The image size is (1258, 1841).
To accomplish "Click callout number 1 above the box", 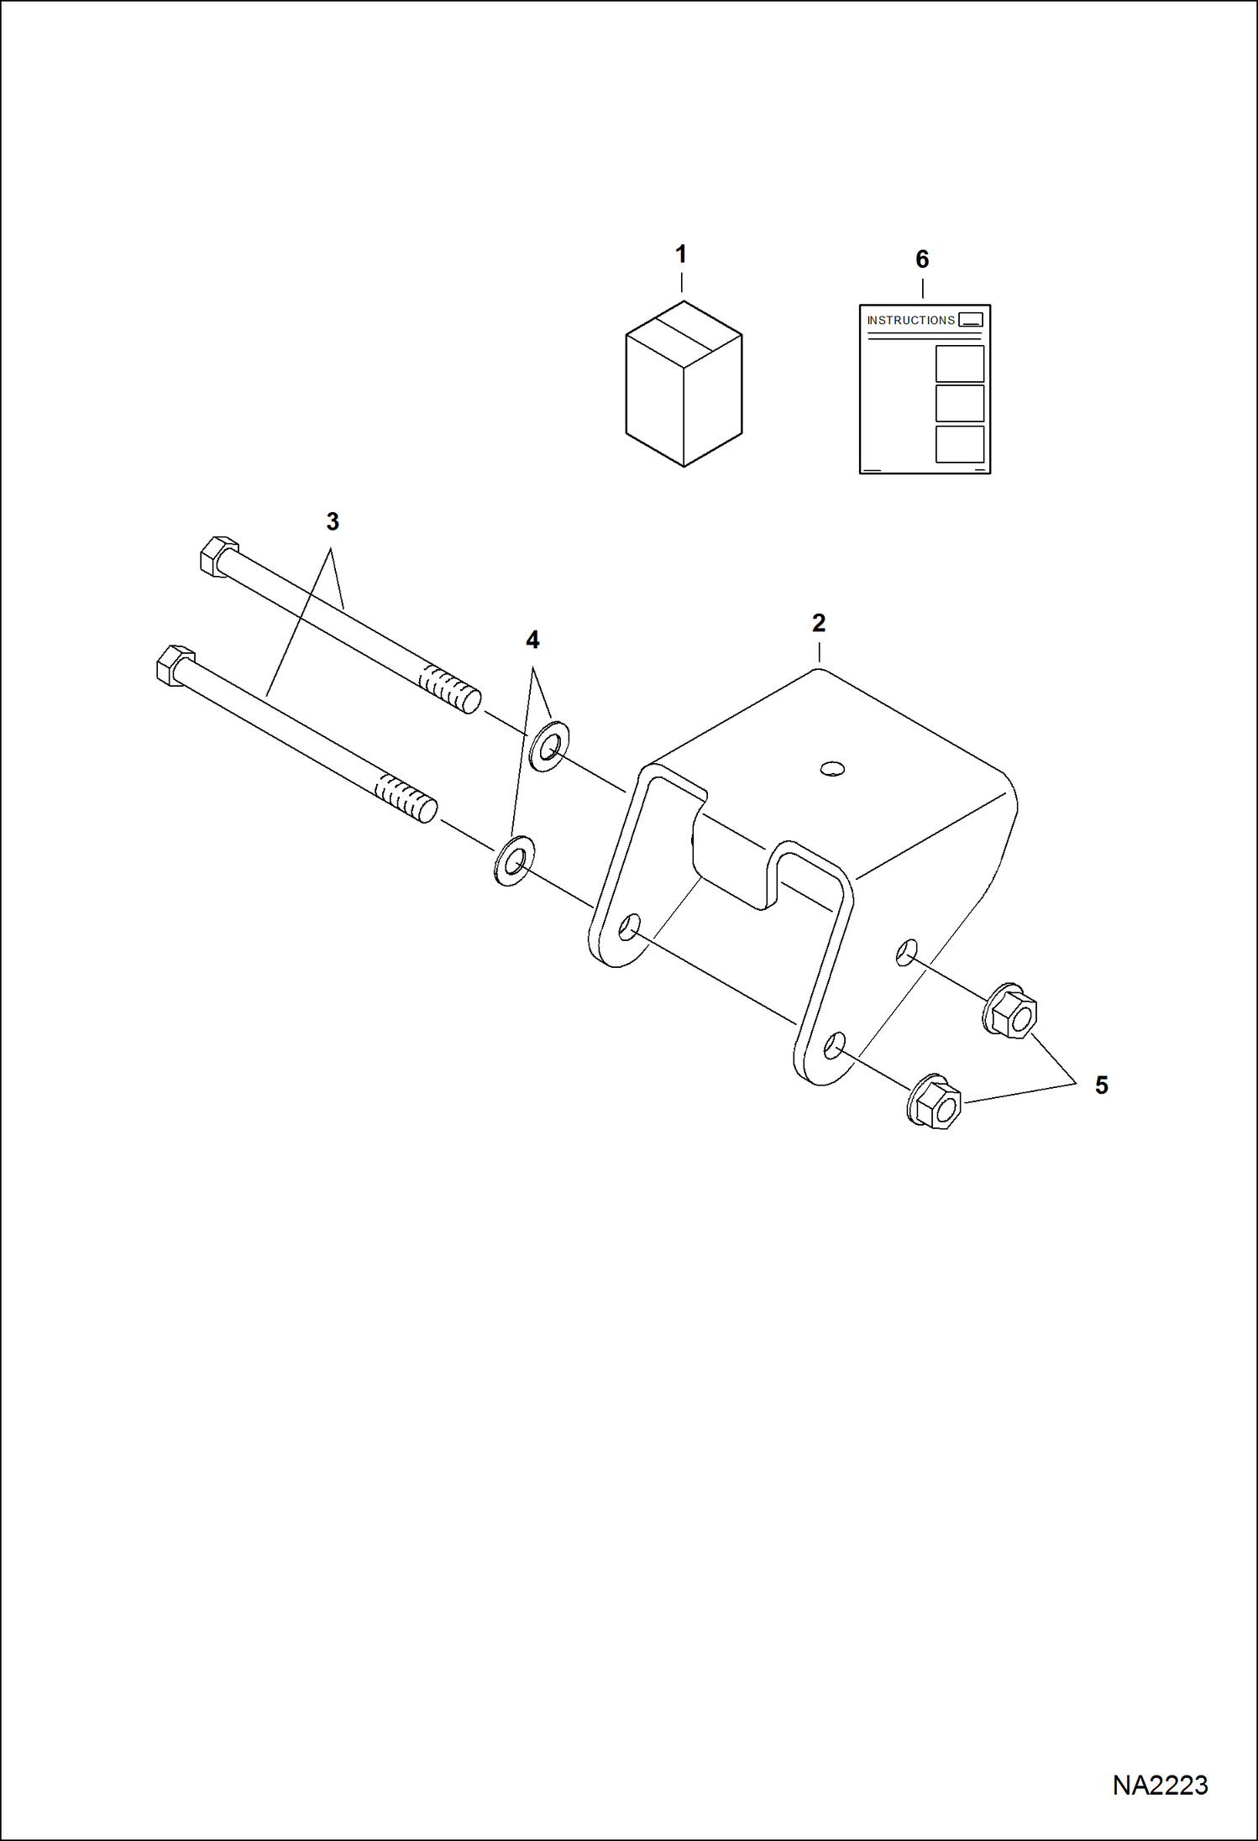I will [x=681, y=254].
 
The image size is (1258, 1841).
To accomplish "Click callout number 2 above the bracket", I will [x=819, y=623].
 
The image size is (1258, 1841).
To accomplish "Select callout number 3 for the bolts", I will [x=333, y=521].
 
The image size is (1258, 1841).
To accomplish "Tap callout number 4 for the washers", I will [x=532, y=640].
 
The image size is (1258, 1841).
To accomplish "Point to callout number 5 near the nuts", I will [x=1101, y=1085].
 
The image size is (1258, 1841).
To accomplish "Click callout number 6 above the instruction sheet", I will [x=922, y=259].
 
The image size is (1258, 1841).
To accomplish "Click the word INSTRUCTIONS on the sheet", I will [x=910, y=321].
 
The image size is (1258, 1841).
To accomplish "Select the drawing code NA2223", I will [x=1160, y=1786].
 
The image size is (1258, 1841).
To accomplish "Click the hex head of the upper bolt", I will [x=218, y=556].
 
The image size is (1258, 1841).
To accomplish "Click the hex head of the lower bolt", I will [x=175, y=666].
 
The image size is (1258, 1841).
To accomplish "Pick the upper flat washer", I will [x=548, y=745].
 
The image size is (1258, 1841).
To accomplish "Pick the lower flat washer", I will [x=512, y=860].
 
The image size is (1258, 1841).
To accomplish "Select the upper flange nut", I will [x=1011, y=1012].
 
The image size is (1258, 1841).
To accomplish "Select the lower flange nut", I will [x=936, y=1101].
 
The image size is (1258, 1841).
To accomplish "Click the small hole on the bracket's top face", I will [x=832, y=768].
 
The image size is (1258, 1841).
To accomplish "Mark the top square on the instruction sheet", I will [x=959, y=363].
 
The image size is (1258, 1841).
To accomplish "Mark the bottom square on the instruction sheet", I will [x=959, y=444].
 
